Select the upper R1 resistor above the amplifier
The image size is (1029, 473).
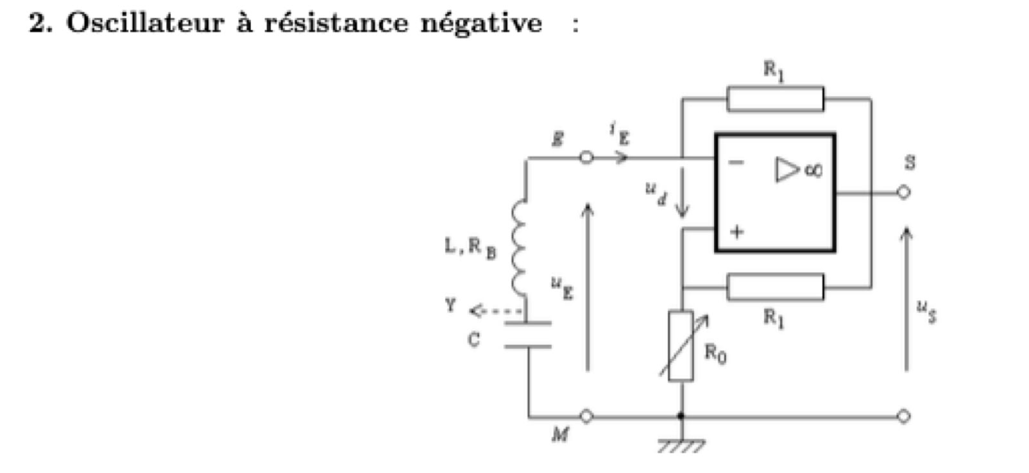775,99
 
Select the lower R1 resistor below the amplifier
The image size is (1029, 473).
775,286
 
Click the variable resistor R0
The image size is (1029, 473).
681,346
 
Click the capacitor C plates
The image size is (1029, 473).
527,335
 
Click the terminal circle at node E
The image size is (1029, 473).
586,158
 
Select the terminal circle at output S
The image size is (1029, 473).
903,192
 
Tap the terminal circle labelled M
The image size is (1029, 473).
586,416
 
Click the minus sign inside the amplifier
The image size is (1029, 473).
736,163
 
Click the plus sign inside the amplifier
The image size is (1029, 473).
736,231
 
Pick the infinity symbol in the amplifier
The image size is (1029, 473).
813,170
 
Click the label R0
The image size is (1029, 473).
715,353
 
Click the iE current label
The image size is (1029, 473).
619,134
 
